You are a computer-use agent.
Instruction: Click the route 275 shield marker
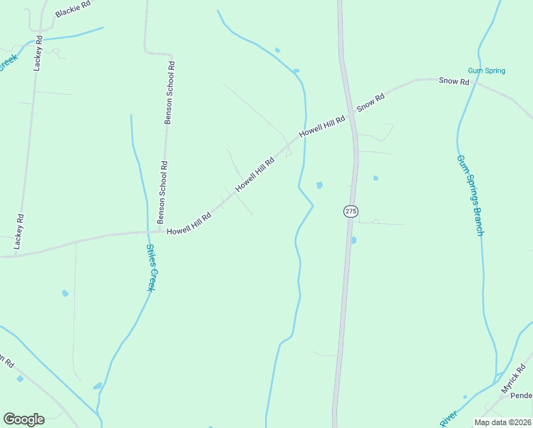350,211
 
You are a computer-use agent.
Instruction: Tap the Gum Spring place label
487,71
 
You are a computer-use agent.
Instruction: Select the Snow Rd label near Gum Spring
454,81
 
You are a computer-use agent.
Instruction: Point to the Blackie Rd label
73,9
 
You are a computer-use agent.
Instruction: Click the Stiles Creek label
150,267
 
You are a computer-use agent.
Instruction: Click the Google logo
24,419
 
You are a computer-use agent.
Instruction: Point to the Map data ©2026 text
502,422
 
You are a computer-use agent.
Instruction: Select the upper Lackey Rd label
38,55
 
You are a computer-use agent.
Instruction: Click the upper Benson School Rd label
170,93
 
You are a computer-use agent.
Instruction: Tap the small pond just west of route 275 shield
319,185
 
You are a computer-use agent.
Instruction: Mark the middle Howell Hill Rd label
255,173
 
